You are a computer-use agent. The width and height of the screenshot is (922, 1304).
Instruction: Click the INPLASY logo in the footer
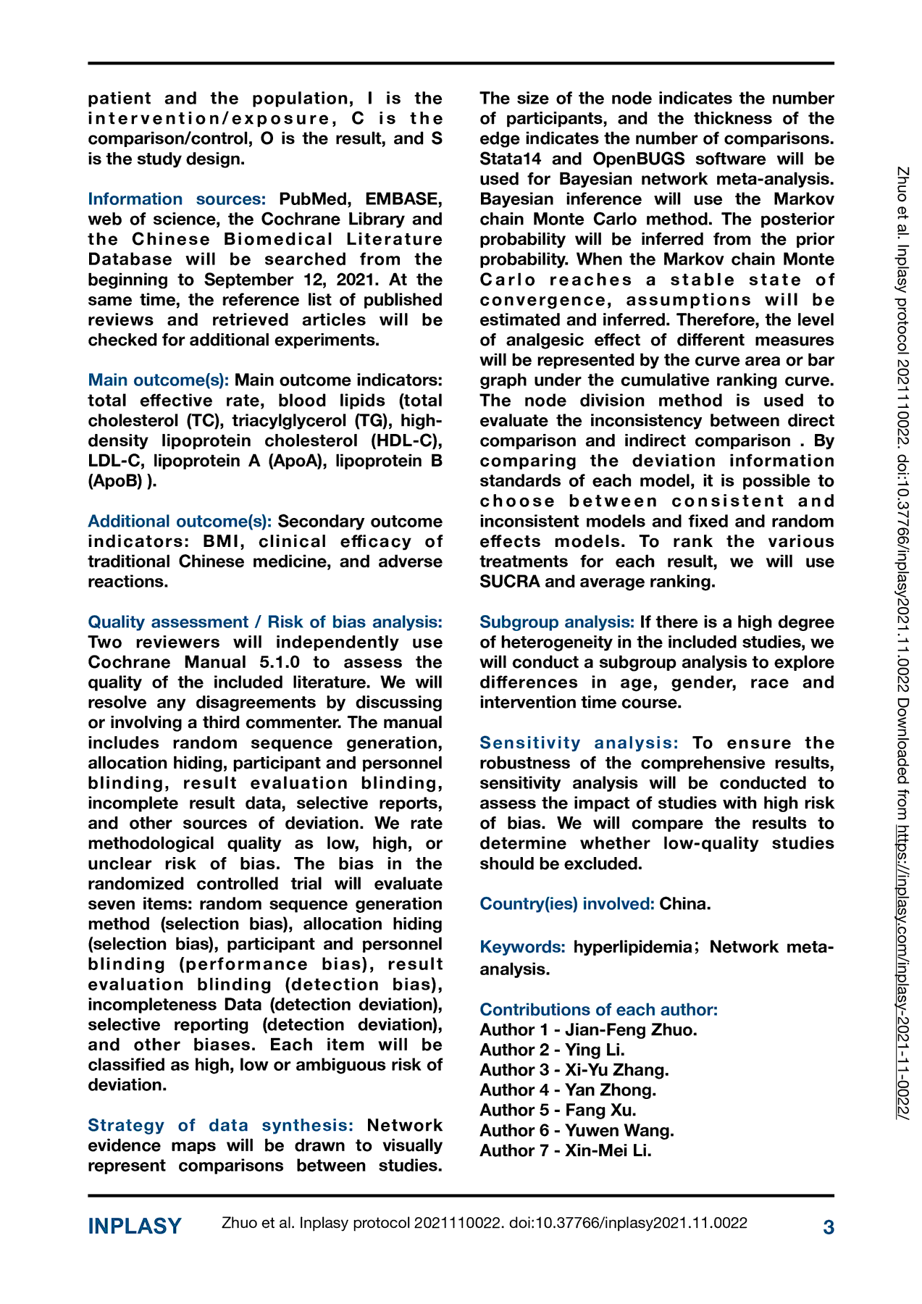point(135,1226)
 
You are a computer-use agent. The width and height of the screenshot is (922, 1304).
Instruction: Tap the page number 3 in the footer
point(829,1227)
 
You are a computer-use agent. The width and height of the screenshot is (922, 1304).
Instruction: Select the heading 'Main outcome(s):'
point(159,380)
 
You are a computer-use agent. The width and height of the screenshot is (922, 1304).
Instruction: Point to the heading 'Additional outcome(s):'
point(180,522)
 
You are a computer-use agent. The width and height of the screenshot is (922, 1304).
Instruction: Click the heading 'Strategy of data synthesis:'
point(220,1125)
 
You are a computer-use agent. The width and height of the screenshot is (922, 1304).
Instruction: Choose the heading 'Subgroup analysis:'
point(557,622)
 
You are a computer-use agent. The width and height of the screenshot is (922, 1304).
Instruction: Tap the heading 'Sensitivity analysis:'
point(579,743)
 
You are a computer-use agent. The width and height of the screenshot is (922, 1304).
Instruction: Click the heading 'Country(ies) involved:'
point(567,904)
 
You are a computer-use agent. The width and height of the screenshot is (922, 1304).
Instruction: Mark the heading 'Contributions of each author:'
point(598,1010)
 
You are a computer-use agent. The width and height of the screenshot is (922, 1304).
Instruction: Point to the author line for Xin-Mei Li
point(566,1151)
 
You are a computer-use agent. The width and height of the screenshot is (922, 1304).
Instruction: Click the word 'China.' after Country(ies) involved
point(685,904)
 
